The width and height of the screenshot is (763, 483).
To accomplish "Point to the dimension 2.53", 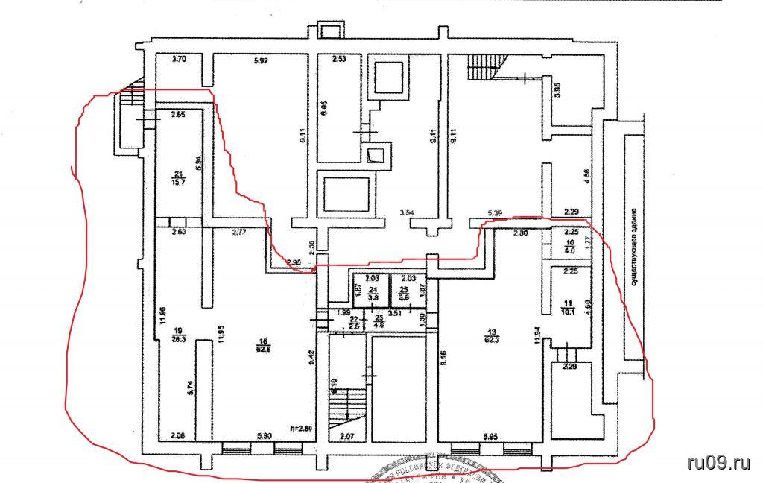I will pyautogui.click(x=340, y=59).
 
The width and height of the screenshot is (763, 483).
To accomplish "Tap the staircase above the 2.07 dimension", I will pyautogui.click(x=347, y=406).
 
